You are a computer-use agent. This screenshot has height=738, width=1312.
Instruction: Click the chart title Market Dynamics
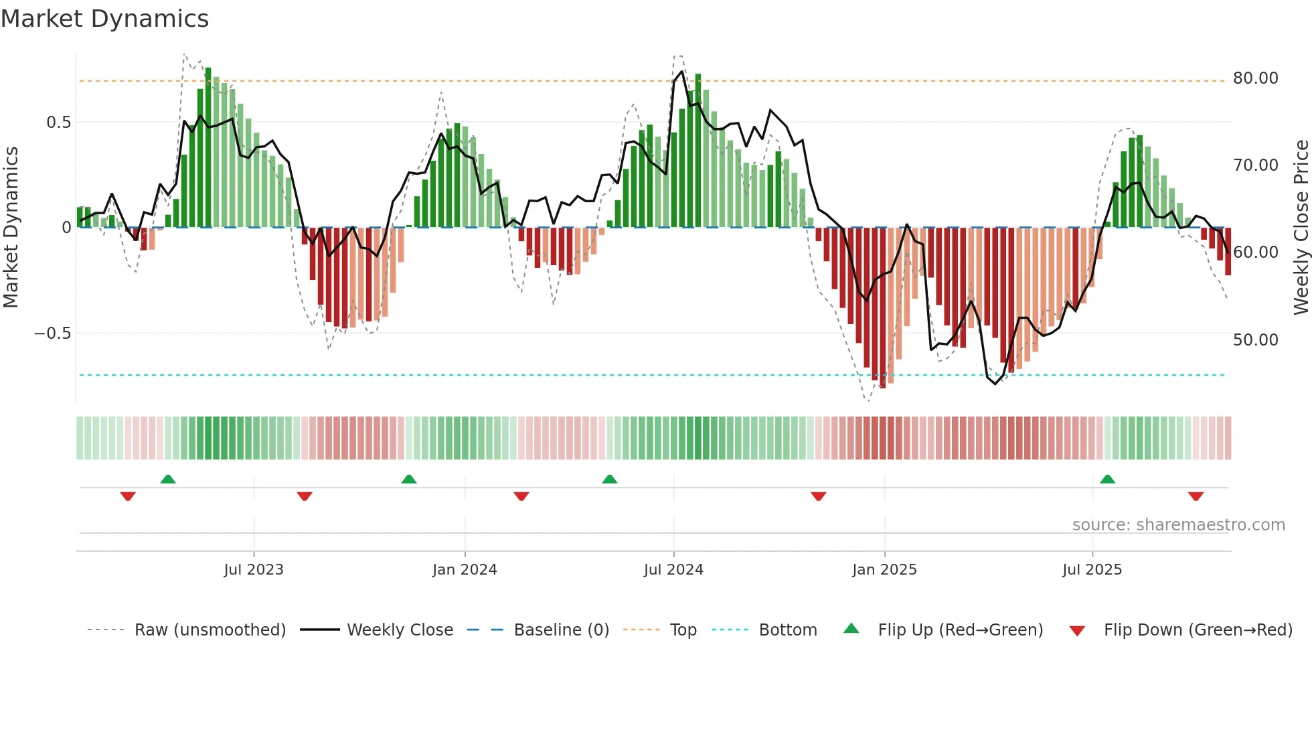tap(105, 19)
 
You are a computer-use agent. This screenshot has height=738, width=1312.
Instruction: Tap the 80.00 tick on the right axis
tap(1255, 78)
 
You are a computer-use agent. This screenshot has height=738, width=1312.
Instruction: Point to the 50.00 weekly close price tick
tap(1255, 340)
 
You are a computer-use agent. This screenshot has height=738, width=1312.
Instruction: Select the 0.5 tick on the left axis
tap(58, 123)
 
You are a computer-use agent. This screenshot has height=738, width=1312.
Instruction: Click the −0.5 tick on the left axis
tap(52, 334)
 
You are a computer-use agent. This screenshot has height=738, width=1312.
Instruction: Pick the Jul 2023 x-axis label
tap(254, 570)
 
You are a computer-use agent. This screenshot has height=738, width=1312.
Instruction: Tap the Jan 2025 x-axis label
tap(884, 570)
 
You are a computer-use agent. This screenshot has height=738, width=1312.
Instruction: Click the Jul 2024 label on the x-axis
tap(673, 570)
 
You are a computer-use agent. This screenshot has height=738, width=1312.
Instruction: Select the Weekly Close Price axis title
tap(1301, 228)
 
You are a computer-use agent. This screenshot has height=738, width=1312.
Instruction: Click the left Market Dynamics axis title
tap(11, 228)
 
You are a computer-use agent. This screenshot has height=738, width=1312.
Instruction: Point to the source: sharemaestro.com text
tap(1178, 525)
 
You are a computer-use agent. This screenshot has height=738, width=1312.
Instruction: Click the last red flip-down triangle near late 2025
tap(1196, 496)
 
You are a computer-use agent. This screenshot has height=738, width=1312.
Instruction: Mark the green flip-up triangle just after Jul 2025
tap(1107, 479)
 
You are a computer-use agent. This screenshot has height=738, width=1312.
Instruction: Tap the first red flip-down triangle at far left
tap(128, 496)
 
